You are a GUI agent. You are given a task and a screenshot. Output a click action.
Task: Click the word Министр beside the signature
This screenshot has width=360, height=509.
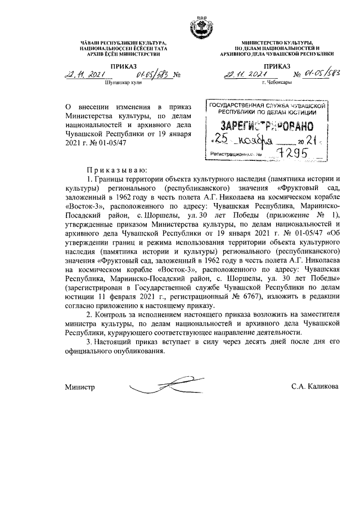tap(79, 388)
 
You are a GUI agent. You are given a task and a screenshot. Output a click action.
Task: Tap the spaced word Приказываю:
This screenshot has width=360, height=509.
tap(116, 169)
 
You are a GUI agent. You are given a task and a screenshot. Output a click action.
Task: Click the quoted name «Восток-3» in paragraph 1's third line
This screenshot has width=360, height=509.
tap(83, 205)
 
